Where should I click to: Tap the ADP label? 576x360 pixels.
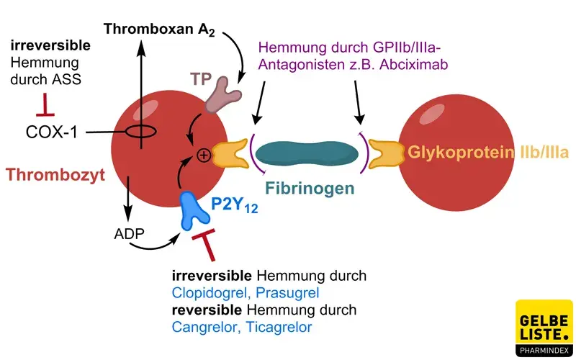point(129,234)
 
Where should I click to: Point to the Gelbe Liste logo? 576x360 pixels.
point(544,327)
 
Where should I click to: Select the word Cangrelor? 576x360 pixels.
point(202,328)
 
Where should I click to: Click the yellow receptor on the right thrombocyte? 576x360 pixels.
point(386,153)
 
